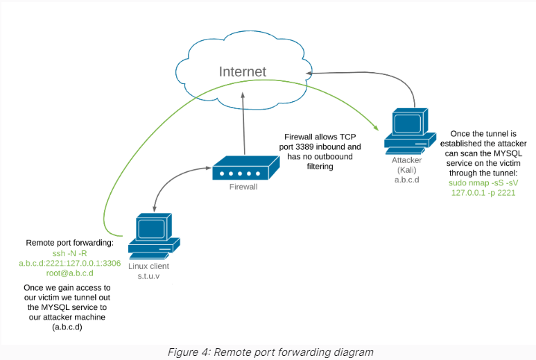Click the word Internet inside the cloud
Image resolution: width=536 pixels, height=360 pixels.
(x=242, y=71)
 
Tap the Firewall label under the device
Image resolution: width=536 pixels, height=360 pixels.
(x=243, y=187)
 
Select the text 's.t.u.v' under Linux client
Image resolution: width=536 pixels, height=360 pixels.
(x=148, y=275)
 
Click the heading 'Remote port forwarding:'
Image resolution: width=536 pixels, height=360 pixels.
(x=69, y=243)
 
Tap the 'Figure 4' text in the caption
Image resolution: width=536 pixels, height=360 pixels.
(x=182, y=352)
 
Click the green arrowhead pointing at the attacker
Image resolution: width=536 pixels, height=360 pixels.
(x=375, y=127)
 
